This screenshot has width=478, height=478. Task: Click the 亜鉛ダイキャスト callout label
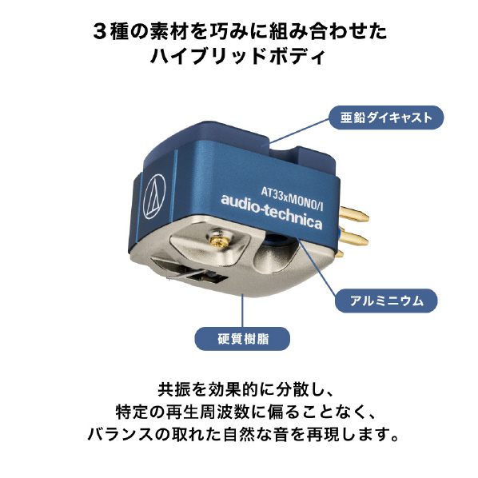[386, 118]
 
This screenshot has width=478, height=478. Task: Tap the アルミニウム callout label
[386, 301]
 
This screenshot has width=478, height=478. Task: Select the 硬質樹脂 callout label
[242, 339]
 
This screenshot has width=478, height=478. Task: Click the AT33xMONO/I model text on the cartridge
[292, 199]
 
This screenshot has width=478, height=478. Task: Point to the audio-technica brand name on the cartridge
[271, 211]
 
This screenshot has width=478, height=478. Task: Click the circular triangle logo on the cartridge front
[154, 197]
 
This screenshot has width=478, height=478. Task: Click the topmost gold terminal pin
[354, 213]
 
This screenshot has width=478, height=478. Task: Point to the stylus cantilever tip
[168, 277]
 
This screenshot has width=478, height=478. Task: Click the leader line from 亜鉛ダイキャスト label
[300, 131]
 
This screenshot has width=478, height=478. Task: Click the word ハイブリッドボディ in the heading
[238, 56]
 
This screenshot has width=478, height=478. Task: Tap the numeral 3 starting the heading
[100, 32]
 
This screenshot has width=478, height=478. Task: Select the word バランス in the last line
[121, 434]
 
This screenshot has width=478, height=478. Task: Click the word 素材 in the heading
[166, 32]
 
